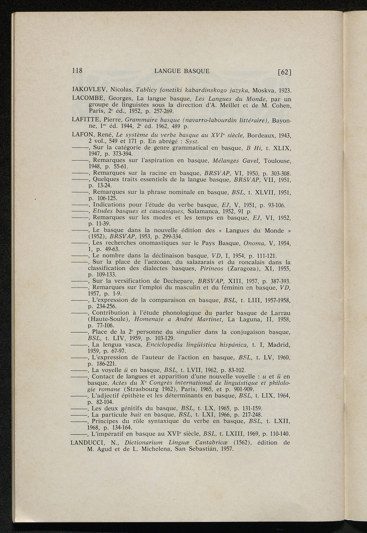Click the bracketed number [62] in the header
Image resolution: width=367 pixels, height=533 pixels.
(x=285, y=72)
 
